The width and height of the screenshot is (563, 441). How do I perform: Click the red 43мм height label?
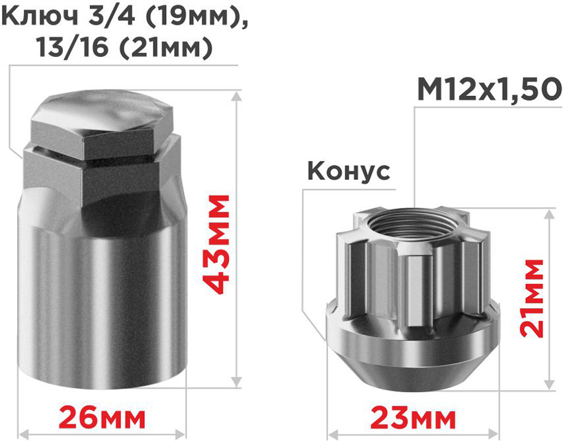pyautogui.click(x=216, y=245)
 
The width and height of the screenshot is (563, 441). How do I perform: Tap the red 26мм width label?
pyautogui.click(x=102, y=418)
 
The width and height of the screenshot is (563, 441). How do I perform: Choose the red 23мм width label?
pyautogui.click(x=413, y=418)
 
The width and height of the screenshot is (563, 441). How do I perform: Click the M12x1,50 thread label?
pyautogui.click(x=490, y=90)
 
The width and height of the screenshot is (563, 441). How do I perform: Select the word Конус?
pyautogui.click(x=349, y=171)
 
